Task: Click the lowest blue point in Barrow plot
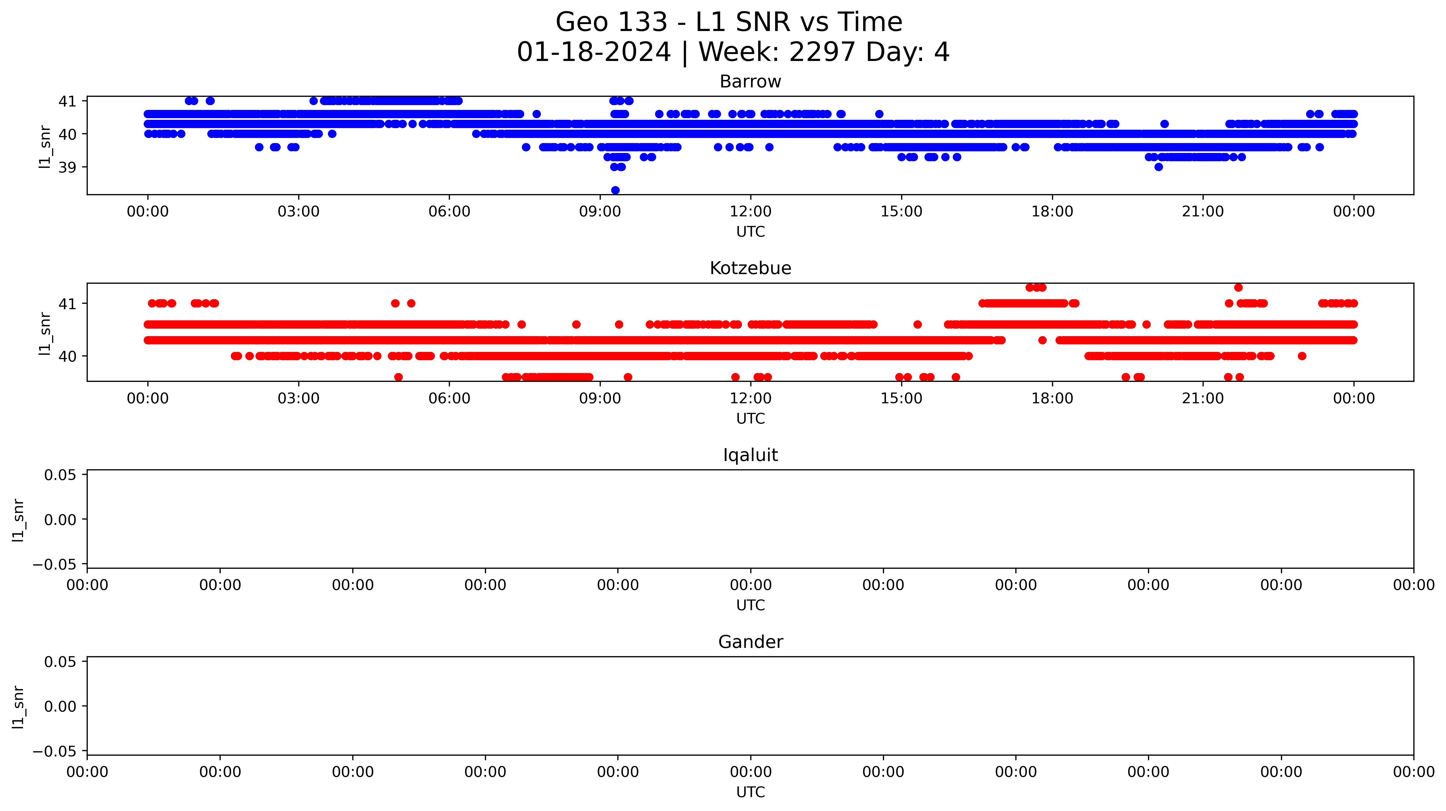pyautogui.click(x=615, y=190)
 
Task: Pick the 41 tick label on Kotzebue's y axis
pyautogui.click(x=67, y=304)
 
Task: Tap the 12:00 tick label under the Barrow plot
pyautogui.click(x=751, y=212)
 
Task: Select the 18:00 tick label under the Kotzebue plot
pyautogui.click(x=1052, y=398)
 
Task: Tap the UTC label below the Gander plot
pyautogui.click(x=751, y=792)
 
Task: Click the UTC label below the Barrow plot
pyautogui.click(x=751, y=232)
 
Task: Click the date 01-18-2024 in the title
pyautogui.click(x=594, y=52)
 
